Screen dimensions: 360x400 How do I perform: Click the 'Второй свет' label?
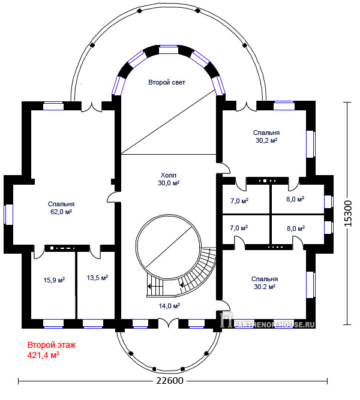pos(167,82)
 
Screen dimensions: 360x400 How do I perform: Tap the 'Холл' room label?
pos(168,176)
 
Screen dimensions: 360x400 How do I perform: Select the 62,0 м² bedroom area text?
pos(61,212)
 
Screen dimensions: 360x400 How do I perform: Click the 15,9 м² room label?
pos(54,280)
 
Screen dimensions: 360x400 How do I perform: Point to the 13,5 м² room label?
pos(97,278)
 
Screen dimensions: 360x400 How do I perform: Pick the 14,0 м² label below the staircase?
pos(170,306)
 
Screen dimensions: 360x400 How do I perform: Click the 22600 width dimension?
pos(170,381)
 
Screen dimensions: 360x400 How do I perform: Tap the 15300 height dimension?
pos(348,213)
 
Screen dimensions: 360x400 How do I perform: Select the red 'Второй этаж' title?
pos(52,345)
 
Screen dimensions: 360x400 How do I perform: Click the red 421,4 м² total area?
pos(43,355)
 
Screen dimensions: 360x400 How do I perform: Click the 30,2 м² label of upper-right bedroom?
pos(266,140)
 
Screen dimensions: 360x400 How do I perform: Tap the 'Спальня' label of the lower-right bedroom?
pos(265,279)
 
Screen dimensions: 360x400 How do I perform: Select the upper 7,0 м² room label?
pos(239,201)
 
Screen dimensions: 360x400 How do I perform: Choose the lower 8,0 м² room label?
pos(296,228)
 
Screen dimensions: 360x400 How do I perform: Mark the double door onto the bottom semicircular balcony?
pos(168,323)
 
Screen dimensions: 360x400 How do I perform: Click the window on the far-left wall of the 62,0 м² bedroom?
pos(8,215)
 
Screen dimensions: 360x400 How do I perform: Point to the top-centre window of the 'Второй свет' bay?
pos(168,50)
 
